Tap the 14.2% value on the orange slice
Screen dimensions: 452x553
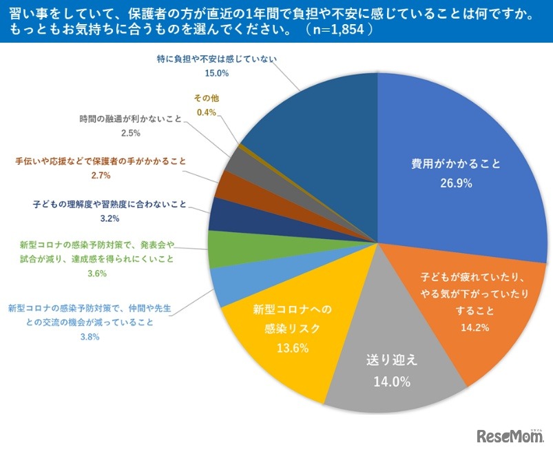point(475,327)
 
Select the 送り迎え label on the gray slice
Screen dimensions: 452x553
point(391,360)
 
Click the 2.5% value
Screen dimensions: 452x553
point(130,133)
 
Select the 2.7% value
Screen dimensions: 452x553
point(101,175)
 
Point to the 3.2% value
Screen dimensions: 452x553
point(109,218)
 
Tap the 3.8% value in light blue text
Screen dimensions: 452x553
point(90,337)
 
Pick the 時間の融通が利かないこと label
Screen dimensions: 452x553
point(130,119)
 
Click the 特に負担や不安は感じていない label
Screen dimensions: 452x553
point(216,59)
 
